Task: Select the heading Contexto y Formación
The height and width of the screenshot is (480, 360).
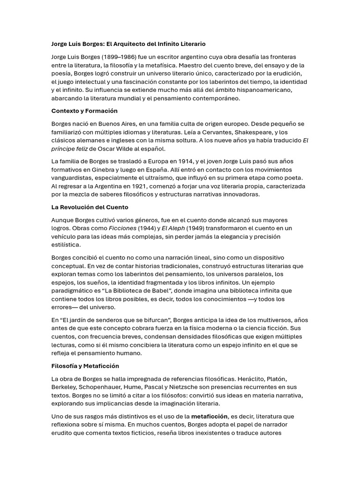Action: [84, 111]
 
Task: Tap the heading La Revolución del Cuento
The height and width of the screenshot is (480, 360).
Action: [90, 207]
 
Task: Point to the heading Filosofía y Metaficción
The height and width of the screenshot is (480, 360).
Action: [85, 366]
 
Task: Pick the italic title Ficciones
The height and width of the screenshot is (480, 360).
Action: [123, 228]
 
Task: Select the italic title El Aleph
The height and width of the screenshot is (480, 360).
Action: [173, 228]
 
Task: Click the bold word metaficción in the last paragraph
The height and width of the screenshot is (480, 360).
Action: [210, 416]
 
